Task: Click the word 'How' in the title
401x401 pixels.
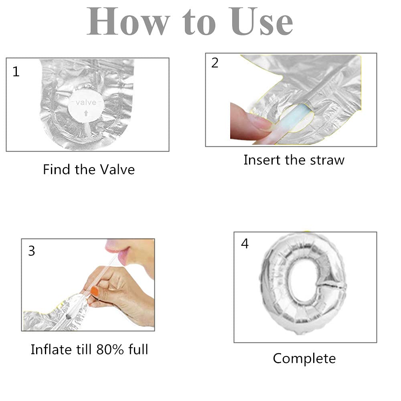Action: pos(129,22)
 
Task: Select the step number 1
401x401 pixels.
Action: pos(16,72)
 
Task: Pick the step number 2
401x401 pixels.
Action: pos(215,63)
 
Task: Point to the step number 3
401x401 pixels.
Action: pos(31,251)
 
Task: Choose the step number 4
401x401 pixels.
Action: pos(245,243)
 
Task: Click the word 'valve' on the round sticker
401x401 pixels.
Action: pos(86,103)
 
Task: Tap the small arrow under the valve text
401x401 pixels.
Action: pos(86,113)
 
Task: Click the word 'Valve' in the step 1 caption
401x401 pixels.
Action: pos(117,170)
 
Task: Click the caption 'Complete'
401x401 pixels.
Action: pos(304,358)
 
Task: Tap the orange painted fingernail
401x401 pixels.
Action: pos(95,291)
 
